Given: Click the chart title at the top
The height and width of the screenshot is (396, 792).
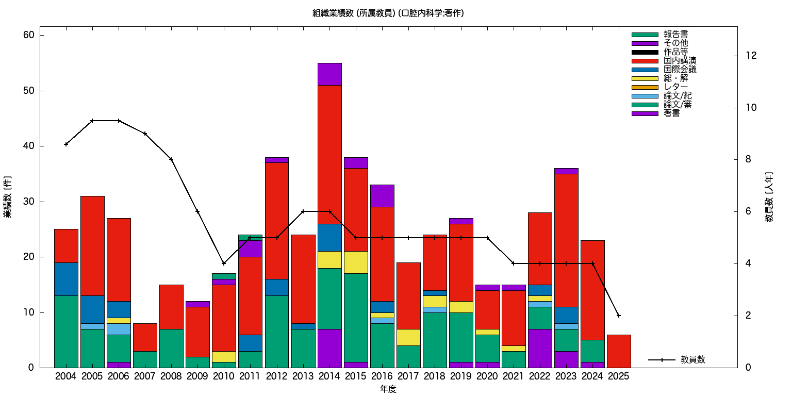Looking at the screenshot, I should pyautogui.click(x=388, y=13).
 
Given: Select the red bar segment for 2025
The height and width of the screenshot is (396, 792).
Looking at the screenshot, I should pyautogui.click(x=619, y=351).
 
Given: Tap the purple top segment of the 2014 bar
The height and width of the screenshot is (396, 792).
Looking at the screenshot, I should pyautogui.click(x=329, y=74).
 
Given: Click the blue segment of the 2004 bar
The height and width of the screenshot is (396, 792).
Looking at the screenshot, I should pyautogui.click(x=66, y=279).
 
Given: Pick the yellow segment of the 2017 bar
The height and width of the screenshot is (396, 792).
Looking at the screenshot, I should pyautogui.click(x=409, y=337).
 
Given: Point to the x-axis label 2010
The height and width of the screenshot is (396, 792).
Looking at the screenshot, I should pyautogui.click(x=224, y=376).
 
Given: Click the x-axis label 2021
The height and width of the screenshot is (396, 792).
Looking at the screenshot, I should pyautogui.click(x=514, y=376).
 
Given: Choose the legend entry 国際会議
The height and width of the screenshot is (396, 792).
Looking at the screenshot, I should pyautogui.click(x=680, y=70).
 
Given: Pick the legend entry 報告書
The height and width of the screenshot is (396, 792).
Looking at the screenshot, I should pyautogui.click(x=675, y=35).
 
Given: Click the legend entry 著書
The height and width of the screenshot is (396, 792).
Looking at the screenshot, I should pyautogui.click(x=671, y=113).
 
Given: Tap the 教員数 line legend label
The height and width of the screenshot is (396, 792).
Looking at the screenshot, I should pyautogui.click(x=692, y=360).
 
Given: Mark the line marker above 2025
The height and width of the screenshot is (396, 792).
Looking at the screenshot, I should pyautogui.click(x=619, y=316).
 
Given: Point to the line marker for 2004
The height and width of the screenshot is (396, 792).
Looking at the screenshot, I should pyautogui.click(x=66, y=144).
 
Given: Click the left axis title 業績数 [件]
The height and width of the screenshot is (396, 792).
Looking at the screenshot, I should pyautogui.click(x=8, y=197).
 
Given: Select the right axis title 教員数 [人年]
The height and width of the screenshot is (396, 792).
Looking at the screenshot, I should pyautogui.click(x=769, y=197).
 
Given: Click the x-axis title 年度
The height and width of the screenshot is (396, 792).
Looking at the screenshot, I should pyautogui.click(x=388, y=389).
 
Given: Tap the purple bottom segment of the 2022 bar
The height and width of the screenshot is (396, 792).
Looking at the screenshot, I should pyautogui.click(x=540, y=348).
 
